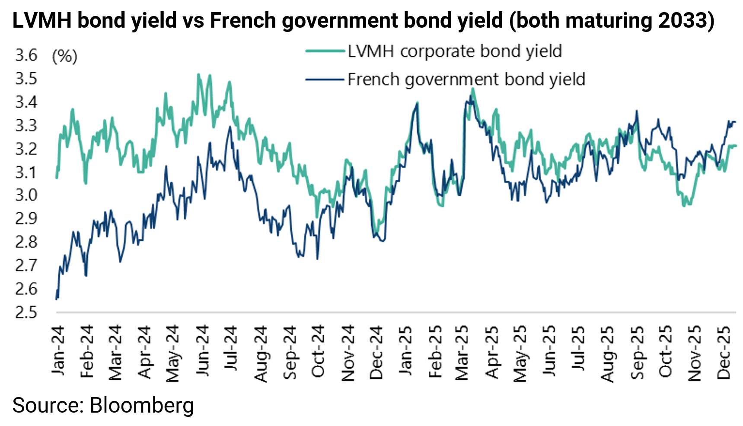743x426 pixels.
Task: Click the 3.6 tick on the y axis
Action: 26,56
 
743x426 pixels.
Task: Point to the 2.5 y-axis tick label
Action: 26,312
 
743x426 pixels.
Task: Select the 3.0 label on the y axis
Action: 26,195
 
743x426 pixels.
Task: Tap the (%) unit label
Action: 64,56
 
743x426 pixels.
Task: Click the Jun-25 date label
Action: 549,351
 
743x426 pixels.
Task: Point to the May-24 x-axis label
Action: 173,353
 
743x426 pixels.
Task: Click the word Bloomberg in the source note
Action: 142,405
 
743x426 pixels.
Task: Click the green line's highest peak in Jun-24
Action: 198,74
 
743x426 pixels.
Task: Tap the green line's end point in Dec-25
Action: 736,146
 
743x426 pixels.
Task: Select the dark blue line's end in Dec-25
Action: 736,122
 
